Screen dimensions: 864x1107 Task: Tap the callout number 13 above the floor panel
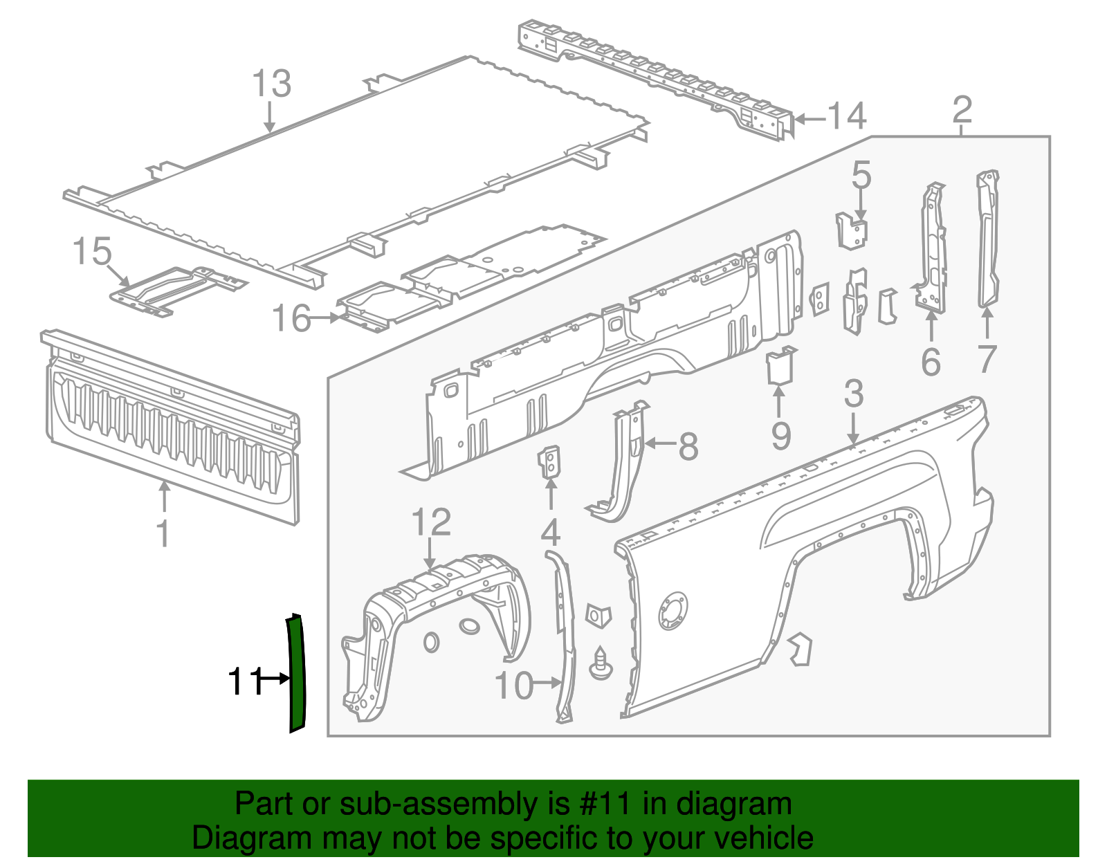[x=271, y=84]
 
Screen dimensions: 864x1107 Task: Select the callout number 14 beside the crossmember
[x=847, y=116]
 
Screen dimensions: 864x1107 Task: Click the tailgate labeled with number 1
[x=173, y=429]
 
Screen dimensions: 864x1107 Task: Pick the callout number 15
[x=92, y=251]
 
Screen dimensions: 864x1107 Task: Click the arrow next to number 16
[x=324, y=318]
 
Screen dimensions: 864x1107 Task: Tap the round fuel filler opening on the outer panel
[x=672, y=611]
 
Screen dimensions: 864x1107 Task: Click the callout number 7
[x=987, y=359]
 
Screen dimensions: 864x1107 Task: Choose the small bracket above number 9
[x=780, y=365]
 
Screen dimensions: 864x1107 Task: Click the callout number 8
[x=688, y=446]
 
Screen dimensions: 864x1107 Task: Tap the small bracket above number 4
[x=550, y=462]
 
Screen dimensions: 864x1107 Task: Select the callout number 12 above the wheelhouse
[x=431, y=522]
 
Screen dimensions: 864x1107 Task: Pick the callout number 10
[x=514, y=686]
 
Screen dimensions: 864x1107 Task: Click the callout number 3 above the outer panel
[x=854, y=394]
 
